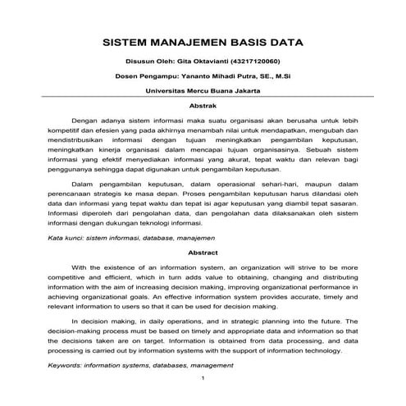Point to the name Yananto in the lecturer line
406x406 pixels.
(x=194, y=76)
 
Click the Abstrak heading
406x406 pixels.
(x=203, y=105)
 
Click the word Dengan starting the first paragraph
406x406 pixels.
(x=87, y=119)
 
